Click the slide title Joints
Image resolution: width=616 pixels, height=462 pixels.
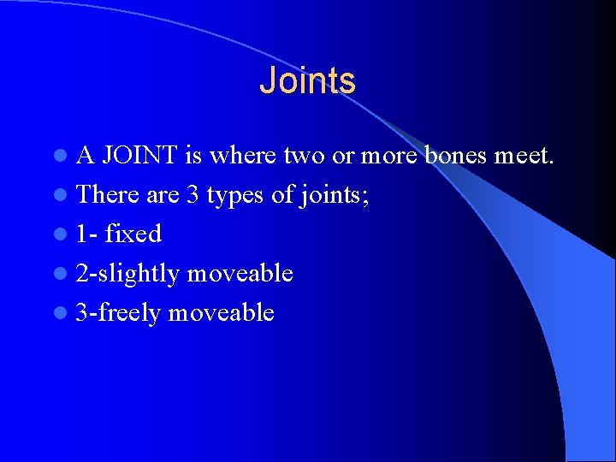(x=307, y=80)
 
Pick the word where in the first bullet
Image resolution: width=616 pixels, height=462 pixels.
(x=242, y=156)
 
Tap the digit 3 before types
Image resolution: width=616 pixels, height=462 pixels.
(x=192, y=195)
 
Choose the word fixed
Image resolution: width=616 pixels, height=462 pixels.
(x=133, y=234)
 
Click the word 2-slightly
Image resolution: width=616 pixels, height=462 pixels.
(x=127, y=274)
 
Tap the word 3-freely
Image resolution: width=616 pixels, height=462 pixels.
(x=118, y=313)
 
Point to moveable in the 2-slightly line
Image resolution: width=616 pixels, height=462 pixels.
(x=240, y=274)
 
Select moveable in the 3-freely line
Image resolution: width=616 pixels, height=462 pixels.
(x=222, y=313)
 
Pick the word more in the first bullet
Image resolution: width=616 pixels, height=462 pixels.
(x=389, y=157)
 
